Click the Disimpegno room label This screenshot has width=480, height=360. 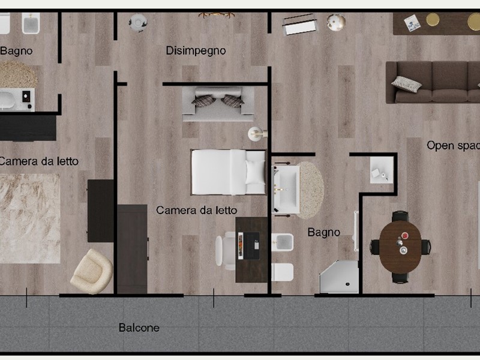tap(196, 51)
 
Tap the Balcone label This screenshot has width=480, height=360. tap(139, 328)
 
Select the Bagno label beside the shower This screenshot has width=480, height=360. tap(323, 233)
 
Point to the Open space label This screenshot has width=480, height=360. tap(454, 145)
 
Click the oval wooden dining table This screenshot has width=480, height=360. tap(400, 247)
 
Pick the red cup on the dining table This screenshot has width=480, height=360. tap(404, 236)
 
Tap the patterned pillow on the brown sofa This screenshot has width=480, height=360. tap(406, 83)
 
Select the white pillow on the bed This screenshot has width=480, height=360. tap(254, 172)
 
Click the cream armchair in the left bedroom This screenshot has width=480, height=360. tap(92, 271)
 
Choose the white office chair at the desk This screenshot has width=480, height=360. tap(226, 251)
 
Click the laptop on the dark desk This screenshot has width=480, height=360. tap(249, 246)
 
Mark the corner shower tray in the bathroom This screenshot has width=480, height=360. tap(339, 277)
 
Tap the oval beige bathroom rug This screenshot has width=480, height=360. tap(310, 190)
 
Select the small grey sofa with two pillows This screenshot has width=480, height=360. tap(218, 104)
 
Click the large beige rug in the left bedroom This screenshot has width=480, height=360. tap(29, 218)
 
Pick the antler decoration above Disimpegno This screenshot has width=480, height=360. tap(217, 14)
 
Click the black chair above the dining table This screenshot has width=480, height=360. tap(400, 215)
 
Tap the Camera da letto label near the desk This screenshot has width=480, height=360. tap(197, 211)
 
